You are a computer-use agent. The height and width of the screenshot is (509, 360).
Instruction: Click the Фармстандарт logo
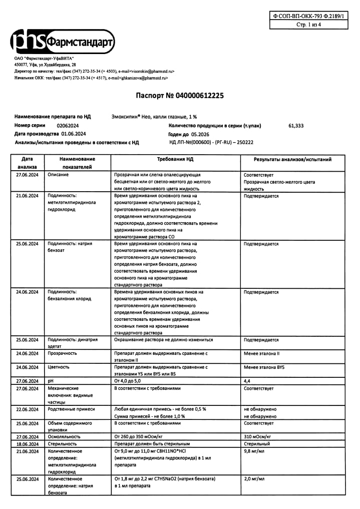click(x=63, y=44)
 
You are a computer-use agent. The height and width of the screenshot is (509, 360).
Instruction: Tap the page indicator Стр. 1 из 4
click(x=308, y=24)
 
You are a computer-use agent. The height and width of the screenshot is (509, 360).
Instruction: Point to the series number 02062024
click(x=68, y=126)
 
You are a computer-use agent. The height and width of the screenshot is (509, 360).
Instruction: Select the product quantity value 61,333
click(x=296, y=126)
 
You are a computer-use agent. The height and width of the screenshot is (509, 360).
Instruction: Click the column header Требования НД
click(x=175, y=159)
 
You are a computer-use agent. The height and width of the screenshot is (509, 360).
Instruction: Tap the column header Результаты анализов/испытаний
click(x=292, y=159)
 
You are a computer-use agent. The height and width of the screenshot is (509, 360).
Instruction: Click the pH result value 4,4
click(x=247, y=381)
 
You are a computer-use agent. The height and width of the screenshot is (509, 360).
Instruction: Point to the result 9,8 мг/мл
click(x=254, y=451)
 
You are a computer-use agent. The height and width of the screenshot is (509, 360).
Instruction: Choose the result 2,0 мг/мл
click(x=254, y=479)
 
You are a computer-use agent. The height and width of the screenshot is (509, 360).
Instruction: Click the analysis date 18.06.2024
click(x=27, y=444)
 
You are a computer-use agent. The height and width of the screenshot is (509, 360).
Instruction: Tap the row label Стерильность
click(x=62, y=444)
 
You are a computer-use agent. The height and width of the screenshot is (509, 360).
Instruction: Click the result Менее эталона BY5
click(x=264, y=367)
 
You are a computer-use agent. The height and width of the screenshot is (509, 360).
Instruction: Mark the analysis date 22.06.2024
click(x=27, y=409)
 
